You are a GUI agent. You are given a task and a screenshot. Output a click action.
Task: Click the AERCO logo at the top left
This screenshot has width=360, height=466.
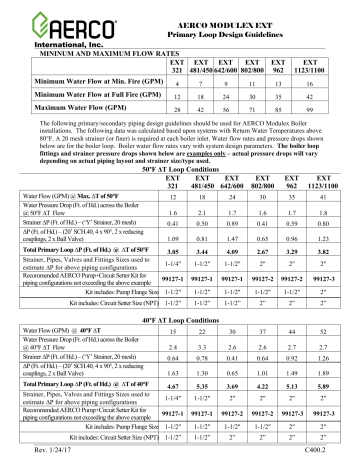[x=50, y=25]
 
